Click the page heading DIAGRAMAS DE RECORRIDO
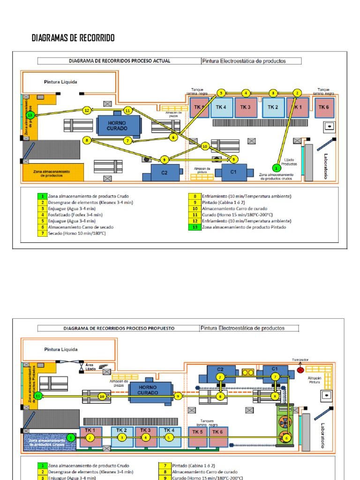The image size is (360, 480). point(73,38)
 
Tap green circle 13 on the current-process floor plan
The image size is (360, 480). point(30,115)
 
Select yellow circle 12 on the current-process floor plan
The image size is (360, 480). point(86,110)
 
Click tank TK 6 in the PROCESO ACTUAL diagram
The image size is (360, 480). point(323,107)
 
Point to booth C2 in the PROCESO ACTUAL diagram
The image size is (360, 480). point(165,172)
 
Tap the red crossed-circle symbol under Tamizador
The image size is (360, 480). point(300,370)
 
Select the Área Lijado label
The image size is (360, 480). point(90,366)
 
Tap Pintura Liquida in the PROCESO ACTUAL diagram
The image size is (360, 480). point(60,82)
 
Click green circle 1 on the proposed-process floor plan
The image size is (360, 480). point(71,437)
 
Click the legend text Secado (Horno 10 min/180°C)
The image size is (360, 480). point(76,233)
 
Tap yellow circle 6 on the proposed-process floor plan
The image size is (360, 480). point(286,438)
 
